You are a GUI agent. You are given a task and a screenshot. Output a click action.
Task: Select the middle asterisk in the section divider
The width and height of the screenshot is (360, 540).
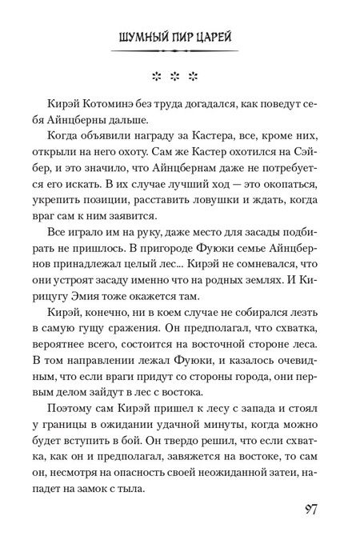click(x=181, y=78)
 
